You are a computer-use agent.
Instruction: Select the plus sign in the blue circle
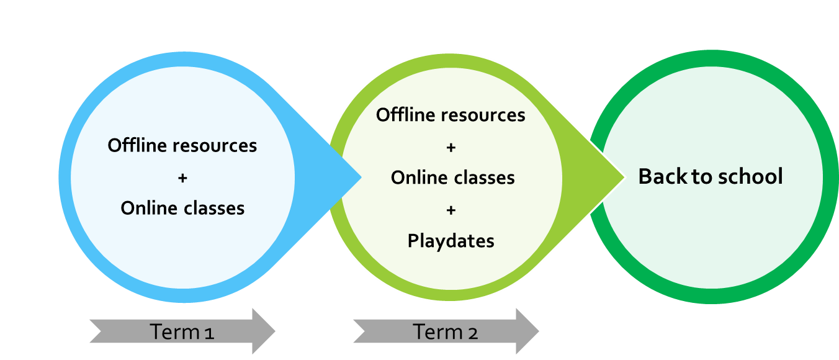tap(182, 178)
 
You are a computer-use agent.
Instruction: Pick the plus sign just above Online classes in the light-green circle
tap(451, 148)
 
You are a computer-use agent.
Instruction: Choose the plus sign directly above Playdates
tap(451, 210)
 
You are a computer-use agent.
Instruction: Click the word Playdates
tap(451, 241)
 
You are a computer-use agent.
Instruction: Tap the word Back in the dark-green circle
tap(663, 176)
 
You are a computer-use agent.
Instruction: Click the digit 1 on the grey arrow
tap(209, 333)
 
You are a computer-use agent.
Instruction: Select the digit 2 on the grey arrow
tap(473, 333)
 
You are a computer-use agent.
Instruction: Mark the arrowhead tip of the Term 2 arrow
tap(537, 331)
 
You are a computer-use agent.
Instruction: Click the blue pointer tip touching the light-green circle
tap(361, 178)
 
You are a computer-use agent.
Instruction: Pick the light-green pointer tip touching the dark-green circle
tap(624, 178)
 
